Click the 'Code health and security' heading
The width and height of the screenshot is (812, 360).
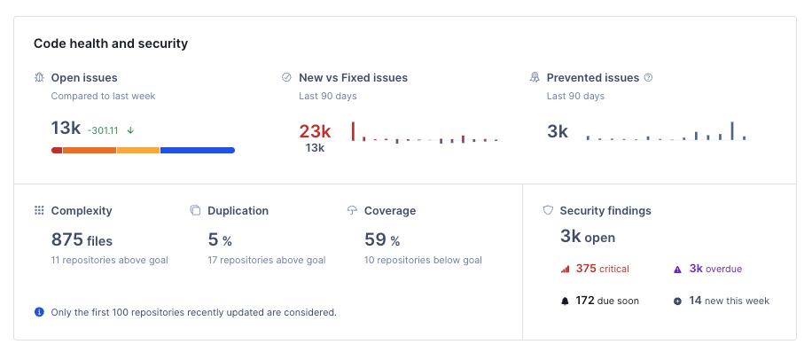111,43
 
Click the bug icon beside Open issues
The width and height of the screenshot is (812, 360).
39,78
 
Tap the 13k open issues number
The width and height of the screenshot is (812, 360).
66,129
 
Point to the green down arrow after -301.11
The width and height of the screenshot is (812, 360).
130,129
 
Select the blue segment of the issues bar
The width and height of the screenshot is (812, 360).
197,151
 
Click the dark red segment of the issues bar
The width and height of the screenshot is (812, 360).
57,151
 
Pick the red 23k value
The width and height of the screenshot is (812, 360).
315,131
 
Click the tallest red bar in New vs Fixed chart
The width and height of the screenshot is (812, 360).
353,131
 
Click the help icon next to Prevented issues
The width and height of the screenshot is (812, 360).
648,78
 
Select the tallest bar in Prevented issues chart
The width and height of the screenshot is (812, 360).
732,131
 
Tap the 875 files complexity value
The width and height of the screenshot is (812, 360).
82,239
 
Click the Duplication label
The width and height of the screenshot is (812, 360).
238,211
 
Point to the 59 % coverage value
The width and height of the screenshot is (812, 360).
382,239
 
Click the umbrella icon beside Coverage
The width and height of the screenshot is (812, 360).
352,211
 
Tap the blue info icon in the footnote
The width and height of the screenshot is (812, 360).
39,312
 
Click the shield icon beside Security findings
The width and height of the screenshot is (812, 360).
548,211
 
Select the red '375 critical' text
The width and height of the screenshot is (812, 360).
602,269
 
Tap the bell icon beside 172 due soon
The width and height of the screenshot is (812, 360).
565,301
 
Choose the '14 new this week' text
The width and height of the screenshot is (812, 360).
729,301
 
